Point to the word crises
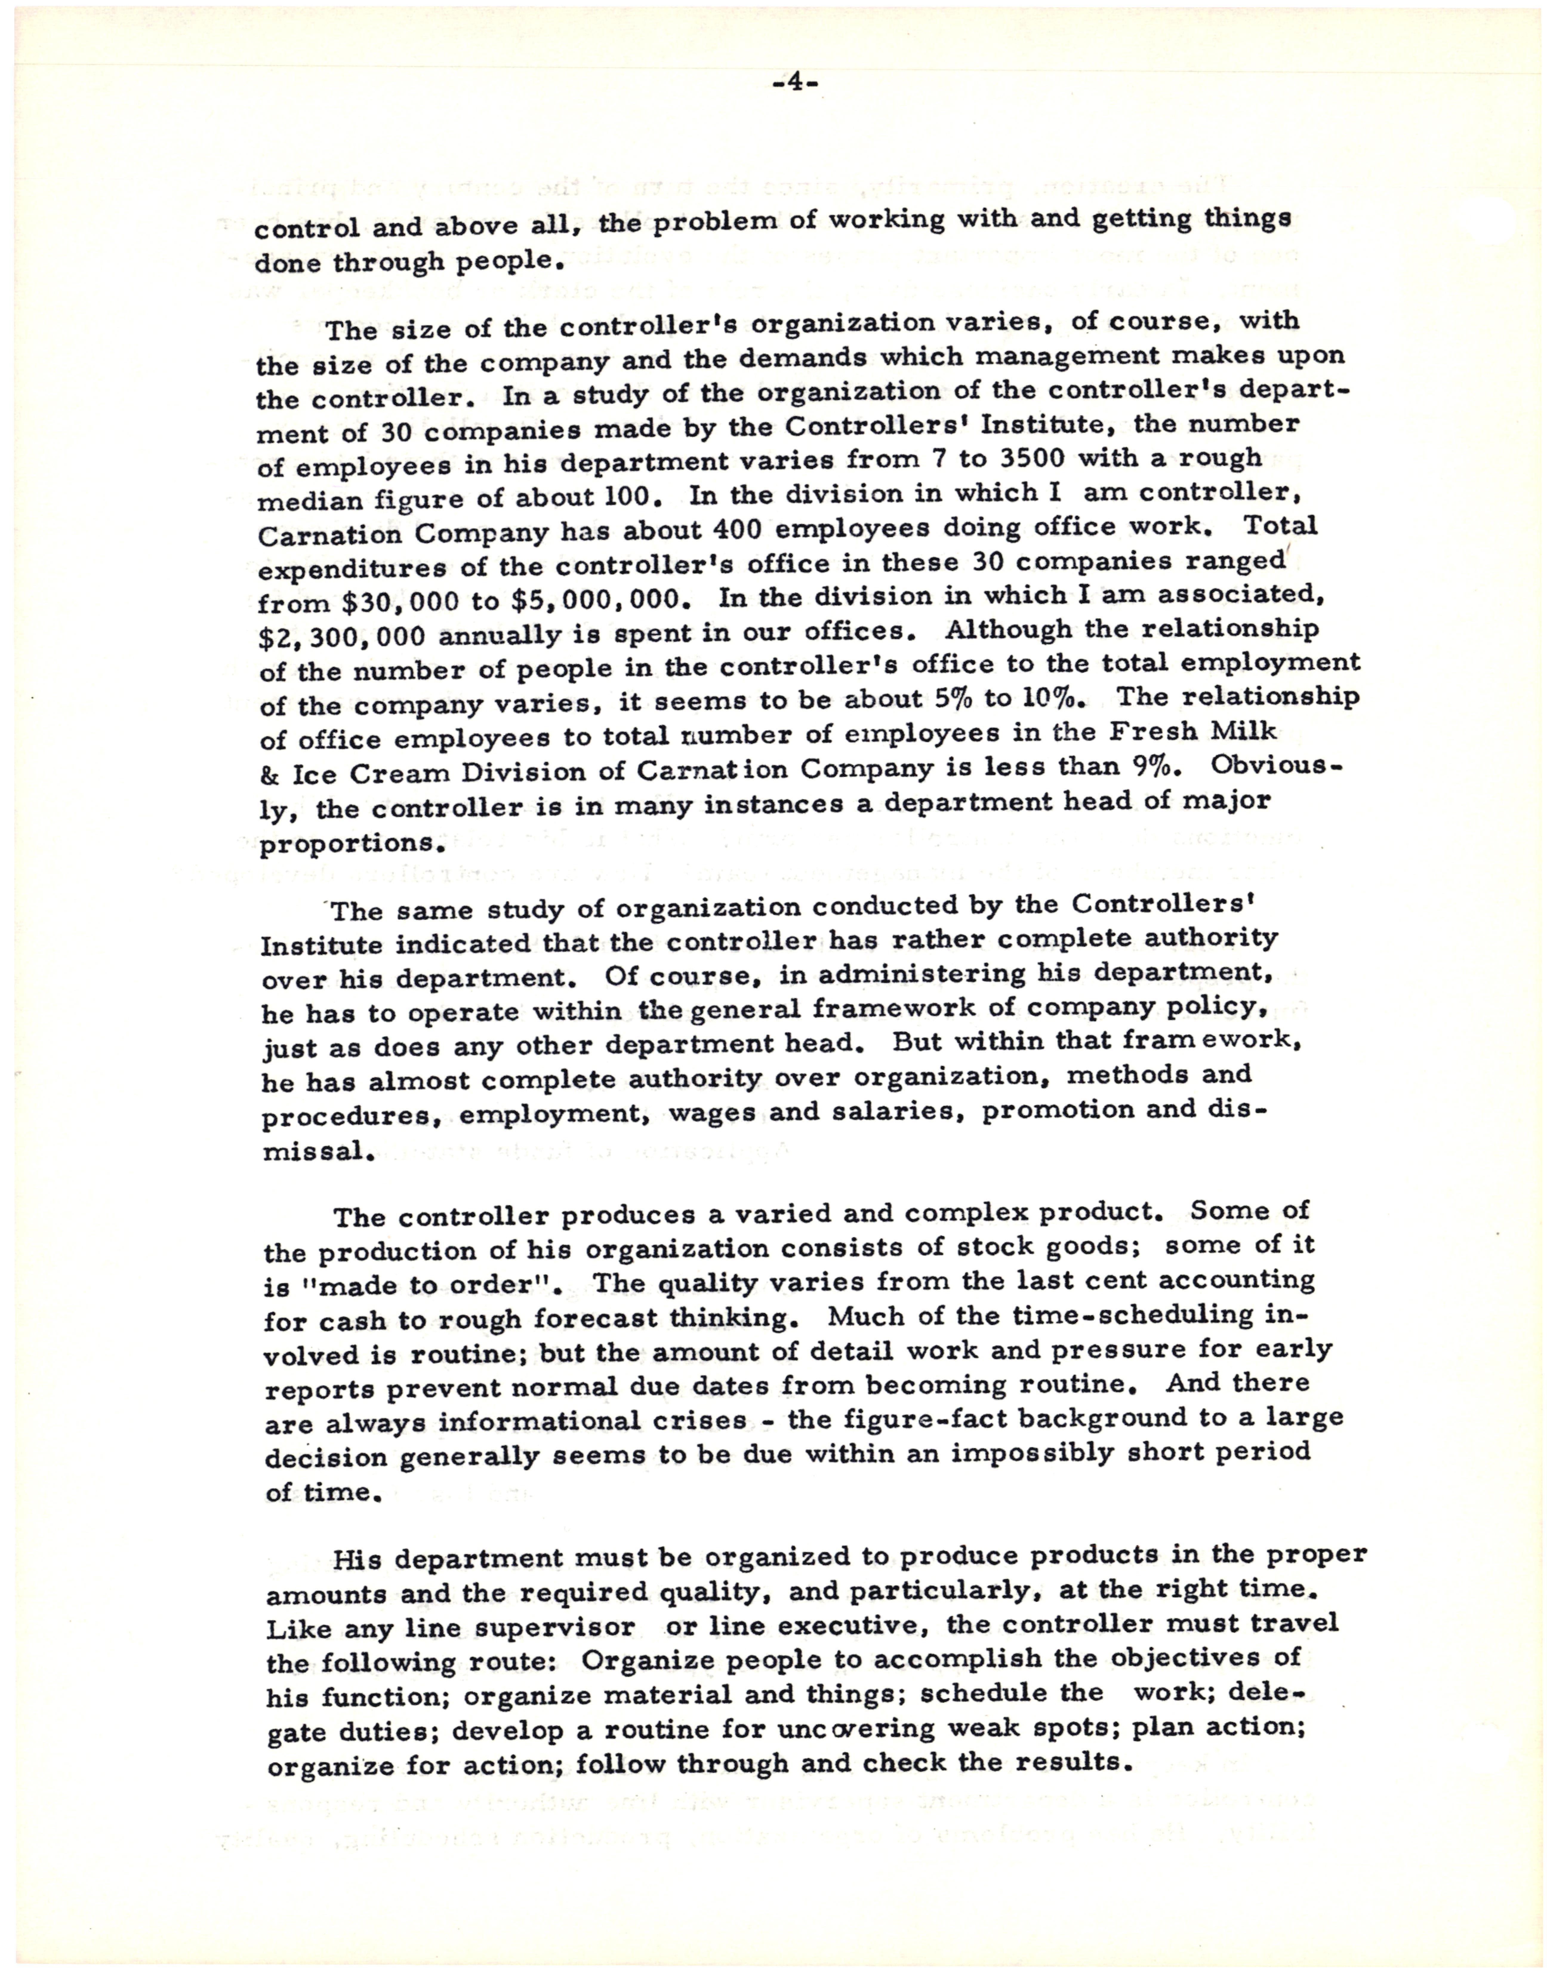point(704,1421)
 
